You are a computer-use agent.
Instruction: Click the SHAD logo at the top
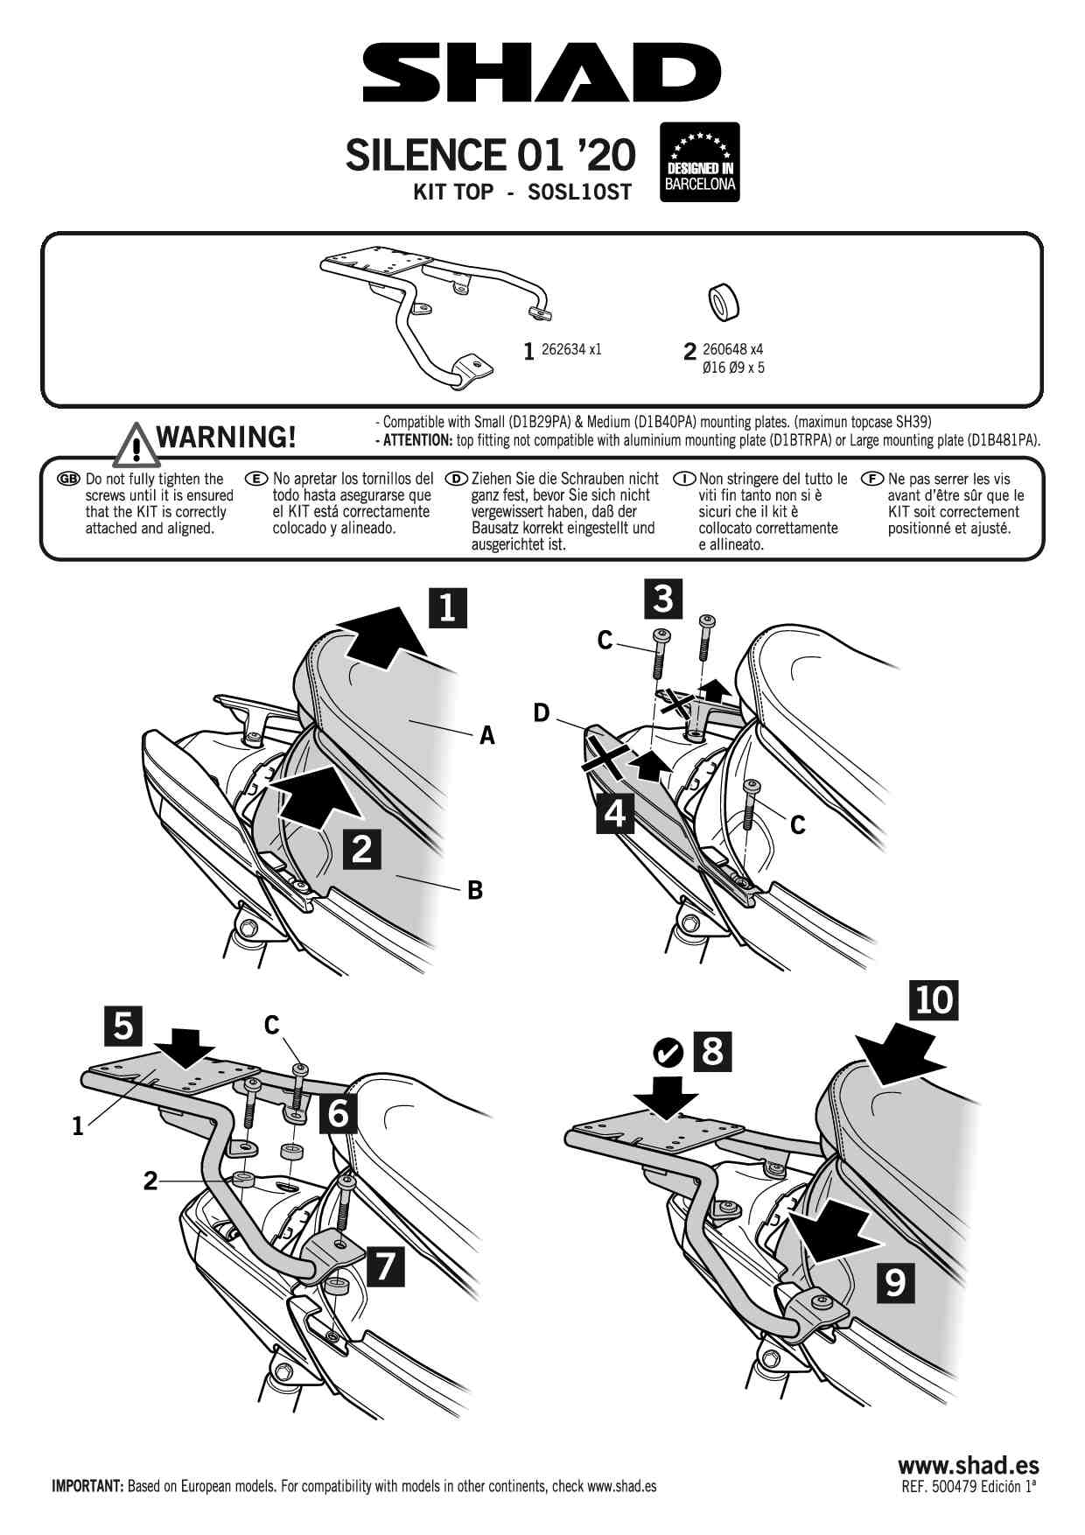coord(542,73)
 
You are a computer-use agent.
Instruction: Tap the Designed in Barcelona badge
coord(700,162)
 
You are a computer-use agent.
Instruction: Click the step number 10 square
coord(934,999)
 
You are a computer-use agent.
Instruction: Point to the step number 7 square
coord(385,1265)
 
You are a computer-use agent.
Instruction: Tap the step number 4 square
coord(615,813)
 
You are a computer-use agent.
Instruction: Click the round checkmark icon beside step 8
coord(668,1052)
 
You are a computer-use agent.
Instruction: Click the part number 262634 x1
coord(571,349)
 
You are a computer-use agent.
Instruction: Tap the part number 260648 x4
coord(732,349)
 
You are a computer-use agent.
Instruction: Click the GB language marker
coord(68,479)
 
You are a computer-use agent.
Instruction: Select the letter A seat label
coord(487,736)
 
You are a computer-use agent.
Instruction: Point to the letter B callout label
coord(475,890)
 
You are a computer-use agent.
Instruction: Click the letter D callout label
coord(542,714)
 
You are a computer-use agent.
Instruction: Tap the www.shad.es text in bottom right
coord(968,1465)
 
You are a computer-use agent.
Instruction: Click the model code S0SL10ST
coord(579,193)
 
